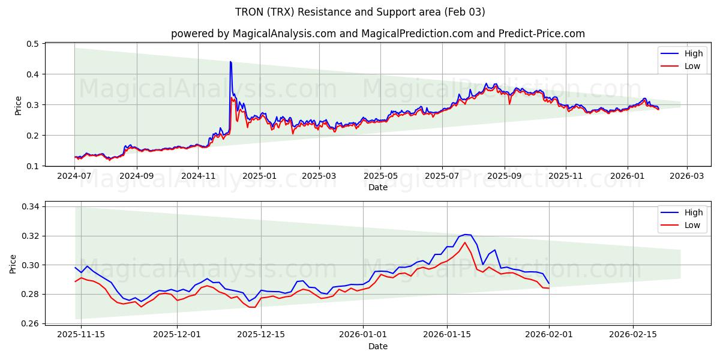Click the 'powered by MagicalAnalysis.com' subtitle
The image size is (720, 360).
coord(377,34)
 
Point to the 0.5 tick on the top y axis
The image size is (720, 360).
coord(32,44)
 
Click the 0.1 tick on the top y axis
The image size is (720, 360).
coord(32,166)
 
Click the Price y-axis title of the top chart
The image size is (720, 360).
coord(18,105)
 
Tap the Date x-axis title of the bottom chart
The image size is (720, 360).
coord(377,346)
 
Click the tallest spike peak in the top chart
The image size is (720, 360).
coord(230,62)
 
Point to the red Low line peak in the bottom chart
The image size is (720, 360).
coord(464,242)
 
